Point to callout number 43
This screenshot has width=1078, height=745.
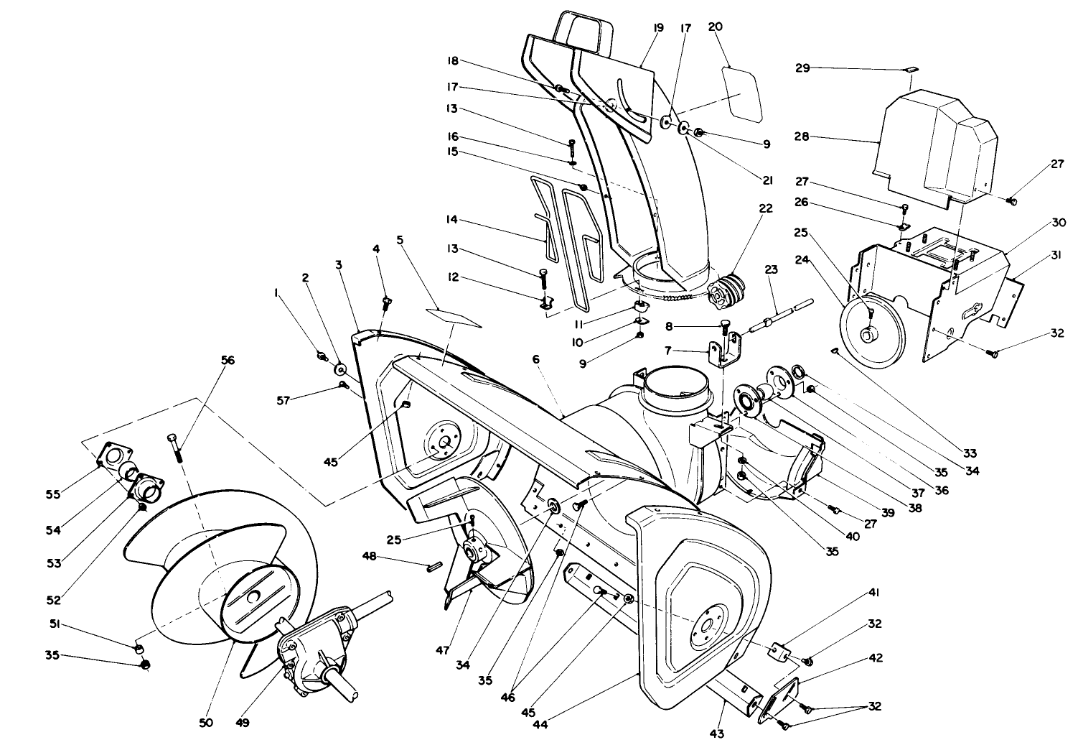pos(717,734)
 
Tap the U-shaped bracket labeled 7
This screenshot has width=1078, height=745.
pos(723,353)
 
